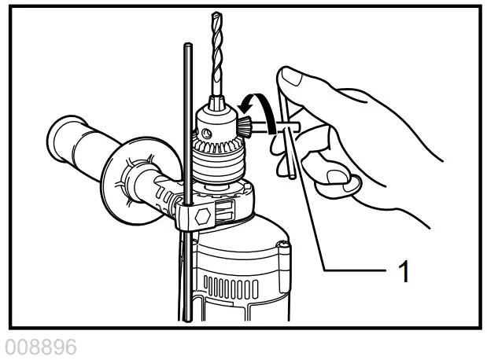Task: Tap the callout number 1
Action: [x=404, y=272]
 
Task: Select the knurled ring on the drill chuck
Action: [x=217, y=164]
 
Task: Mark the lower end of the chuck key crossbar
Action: [x=290, y=177]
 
